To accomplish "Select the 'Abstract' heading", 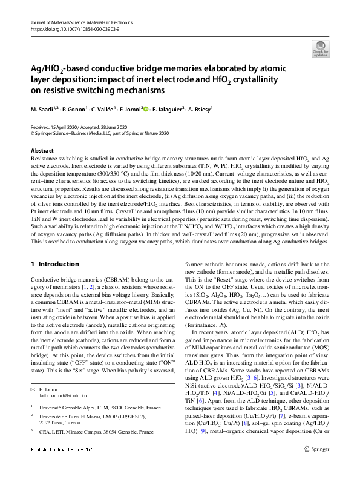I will (x=42, y=150).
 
